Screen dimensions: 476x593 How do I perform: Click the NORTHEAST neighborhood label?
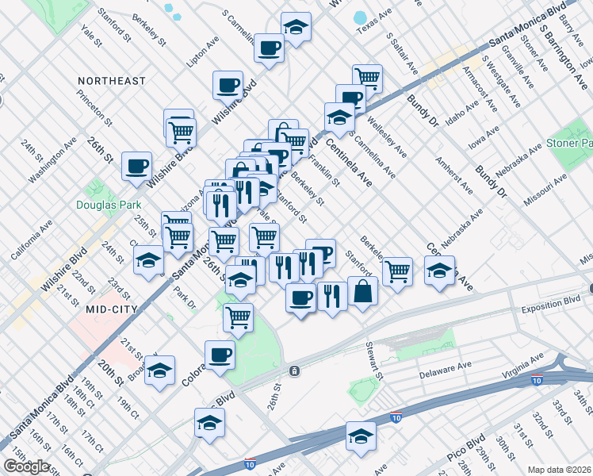click(x=112, y=81)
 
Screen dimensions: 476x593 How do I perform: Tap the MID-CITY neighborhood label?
click(x=112, y=309)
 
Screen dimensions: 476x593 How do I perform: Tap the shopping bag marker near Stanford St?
click(x=362, y=291)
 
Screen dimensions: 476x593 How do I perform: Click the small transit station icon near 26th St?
click(x=293, y=370)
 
